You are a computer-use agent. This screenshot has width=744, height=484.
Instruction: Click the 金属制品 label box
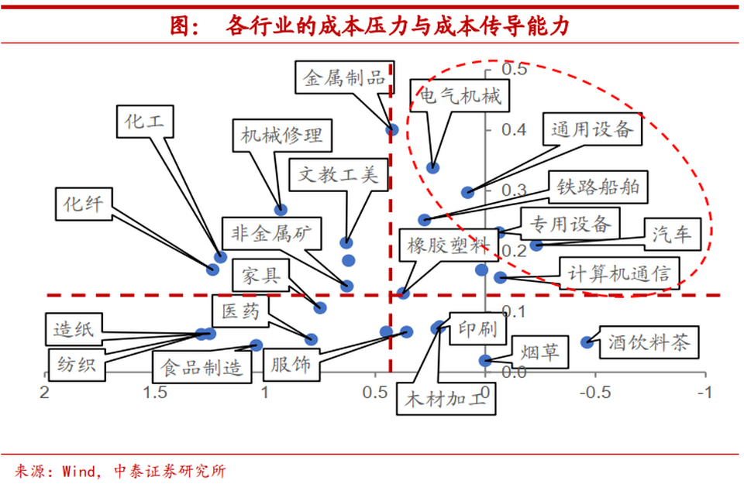point(344,77)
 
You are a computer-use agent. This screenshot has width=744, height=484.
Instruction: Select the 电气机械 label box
point(460,96)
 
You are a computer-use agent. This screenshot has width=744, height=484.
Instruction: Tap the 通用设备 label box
point(592,129)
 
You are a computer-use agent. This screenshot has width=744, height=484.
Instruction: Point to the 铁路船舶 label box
point(598,187)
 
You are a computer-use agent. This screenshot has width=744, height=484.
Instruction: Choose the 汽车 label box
point(673,234)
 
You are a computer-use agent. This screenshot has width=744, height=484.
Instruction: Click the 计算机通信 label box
point(619,273)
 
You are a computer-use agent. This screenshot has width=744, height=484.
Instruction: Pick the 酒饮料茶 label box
point(649,342)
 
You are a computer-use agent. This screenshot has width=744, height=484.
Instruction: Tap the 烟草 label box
point(540,352)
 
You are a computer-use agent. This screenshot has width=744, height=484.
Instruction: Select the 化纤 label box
point(84,204)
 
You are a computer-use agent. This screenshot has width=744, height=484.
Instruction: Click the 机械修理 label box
point(282,136)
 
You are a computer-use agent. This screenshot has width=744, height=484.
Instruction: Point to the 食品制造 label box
point(202,367)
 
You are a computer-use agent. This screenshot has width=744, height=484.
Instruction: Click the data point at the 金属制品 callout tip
point(392,129)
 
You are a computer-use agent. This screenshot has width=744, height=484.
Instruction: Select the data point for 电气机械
point(432,167)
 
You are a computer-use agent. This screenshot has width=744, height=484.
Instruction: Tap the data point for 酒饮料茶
point(587,342)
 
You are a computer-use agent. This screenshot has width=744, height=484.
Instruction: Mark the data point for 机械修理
point(281,209)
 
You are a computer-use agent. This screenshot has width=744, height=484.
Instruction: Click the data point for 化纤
point(212,269)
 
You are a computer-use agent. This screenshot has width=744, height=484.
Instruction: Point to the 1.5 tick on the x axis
point(155,375)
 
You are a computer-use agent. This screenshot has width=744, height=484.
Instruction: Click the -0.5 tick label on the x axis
point(595,392)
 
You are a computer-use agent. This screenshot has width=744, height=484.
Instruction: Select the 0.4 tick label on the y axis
point(515,129)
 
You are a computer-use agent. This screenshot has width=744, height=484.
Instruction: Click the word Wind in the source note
point(79,471)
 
